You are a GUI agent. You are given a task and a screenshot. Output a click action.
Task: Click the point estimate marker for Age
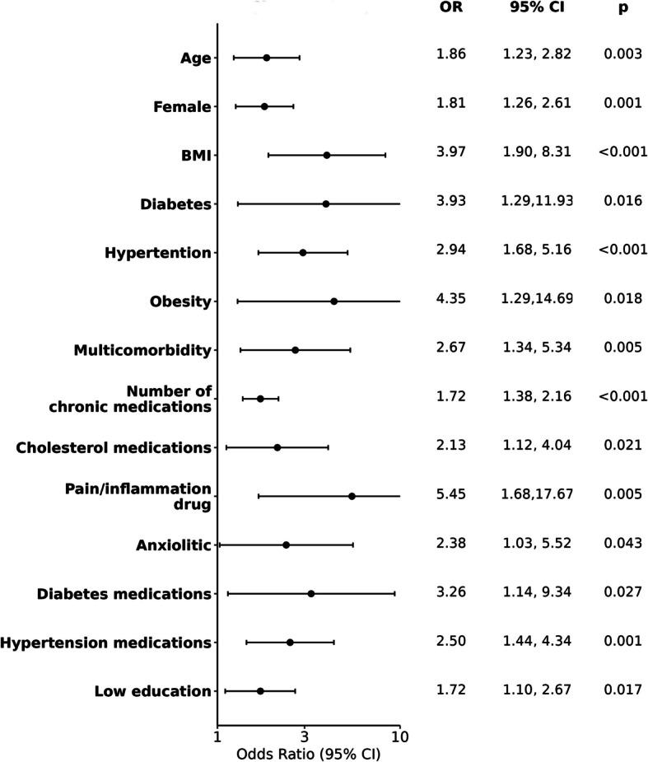pyautogui.click(x=266, y=58)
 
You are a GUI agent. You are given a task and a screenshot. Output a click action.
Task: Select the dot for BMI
pyautogui.click(x=327, y=155)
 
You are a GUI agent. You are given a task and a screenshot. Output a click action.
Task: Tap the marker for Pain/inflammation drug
pyautogui.click(x=352, y=496)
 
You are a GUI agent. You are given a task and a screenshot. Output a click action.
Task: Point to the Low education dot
pyautogui.click(x=260, y=691)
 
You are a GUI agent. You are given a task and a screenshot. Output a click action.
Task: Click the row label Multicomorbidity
pyautogui.click(x=142, y=350)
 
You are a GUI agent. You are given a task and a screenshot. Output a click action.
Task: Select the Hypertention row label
pyautogui.click(x=158, y=253)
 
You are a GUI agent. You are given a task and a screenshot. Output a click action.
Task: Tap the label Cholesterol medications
pyautogui.click(x=114, y=447)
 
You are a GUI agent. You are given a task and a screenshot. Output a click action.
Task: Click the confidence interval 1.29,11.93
pyautogui.click(x=537, y=201)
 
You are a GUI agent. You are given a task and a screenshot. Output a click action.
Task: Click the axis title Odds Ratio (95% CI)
pyautogui.click(x=309, y=754)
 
